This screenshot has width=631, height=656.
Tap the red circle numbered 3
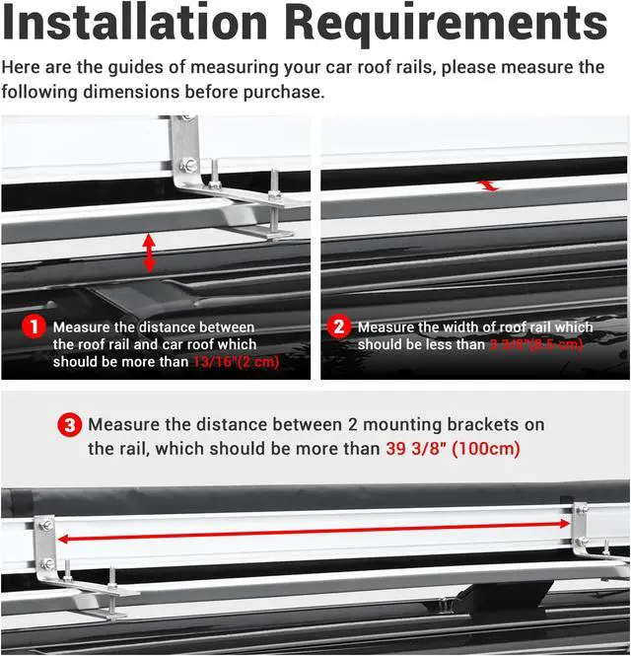pos(69,426)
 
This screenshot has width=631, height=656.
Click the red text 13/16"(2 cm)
pos(237,362)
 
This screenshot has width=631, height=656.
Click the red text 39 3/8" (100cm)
pos(453,449)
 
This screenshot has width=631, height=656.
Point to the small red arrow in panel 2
pos(487,184)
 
